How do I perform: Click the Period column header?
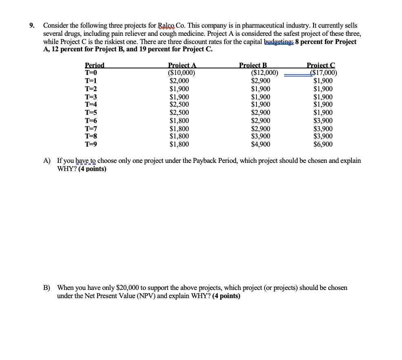[x=94, y=65]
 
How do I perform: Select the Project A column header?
[x=182, y=65]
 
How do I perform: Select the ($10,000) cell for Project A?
[x=181, y=73]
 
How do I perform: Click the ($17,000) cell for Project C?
[x=323, y=73]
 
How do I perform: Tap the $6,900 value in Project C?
[x=323, y=144]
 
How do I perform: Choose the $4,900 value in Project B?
[x=261, y=144]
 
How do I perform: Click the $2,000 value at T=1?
[x=179, y=81]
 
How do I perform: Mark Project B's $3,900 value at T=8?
[x=261, y=136]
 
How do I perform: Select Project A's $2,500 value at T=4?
[x=179, y=105]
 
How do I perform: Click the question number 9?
[x=32, y=25]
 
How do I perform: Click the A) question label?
[x=47, y=160]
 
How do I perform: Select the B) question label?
[x=47, y=288]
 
